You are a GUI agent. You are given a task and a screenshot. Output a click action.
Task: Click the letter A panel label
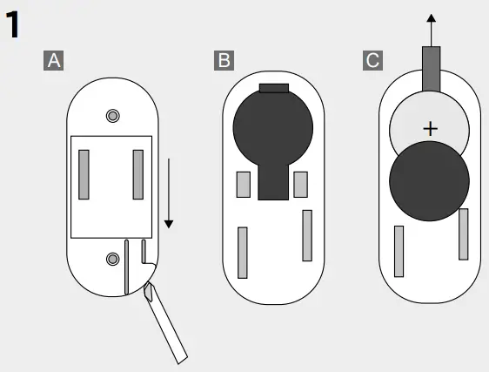(54, 61)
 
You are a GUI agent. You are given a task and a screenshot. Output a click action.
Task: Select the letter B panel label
(224, 61)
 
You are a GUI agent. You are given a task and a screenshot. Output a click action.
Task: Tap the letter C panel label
(373, 61)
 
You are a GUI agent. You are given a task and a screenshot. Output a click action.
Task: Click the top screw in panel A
(112, 117)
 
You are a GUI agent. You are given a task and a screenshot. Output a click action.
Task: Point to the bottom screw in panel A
(112, 258)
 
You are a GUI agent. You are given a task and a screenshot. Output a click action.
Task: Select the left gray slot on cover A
(84, 174)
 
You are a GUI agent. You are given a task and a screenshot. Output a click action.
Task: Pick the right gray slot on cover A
(137, 174)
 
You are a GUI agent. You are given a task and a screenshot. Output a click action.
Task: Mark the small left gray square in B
(244, 185)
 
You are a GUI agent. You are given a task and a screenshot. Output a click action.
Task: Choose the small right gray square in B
(301, 185)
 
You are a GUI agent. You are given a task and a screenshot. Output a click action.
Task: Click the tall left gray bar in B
(243, 252)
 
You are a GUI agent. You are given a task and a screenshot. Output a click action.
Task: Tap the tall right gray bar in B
(307, 235)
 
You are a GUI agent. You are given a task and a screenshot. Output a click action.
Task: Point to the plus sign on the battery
(430, 129)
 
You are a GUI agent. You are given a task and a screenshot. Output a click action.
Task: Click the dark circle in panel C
(429, 181)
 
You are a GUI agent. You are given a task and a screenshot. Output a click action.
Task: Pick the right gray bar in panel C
(464, 233)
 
